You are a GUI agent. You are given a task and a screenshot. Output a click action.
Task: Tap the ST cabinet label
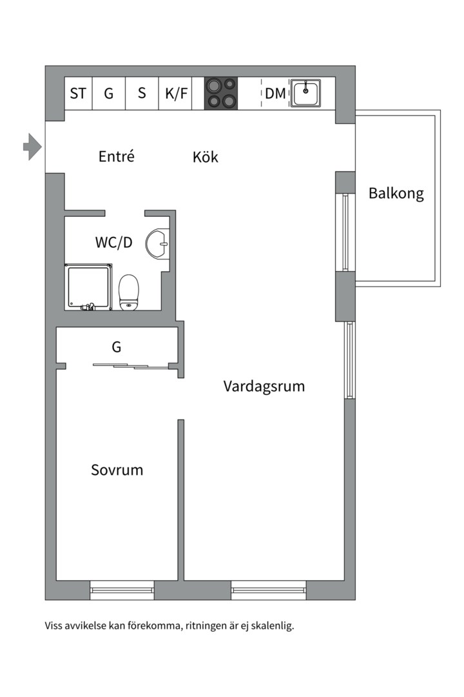(x=78, y=94)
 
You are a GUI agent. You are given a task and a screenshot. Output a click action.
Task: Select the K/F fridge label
(x=176, y=94)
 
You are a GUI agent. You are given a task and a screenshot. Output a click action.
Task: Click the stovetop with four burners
(x=221, y=93)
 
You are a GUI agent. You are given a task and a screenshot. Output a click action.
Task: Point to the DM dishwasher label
(x=275, y=94)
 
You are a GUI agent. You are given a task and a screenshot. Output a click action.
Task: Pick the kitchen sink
(x=307, y=93)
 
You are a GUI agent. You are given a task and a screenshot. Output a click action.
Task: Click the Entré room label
(x=117, y=156)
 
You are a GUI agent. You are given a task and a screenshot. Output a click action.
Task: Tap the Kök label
(x=206, y=157)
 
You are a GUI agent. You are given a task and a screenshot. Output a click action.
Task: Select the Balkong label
(x=396, y=193)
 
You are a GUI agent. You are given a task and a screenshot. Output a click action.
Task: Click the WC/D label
(x=114, y=243)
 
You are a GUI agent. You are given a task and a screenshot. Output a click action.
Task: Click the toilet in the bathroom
(x=130, y=291)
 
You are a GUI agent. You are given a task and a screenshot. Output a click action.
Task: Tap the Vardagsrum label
(x=264, y=387)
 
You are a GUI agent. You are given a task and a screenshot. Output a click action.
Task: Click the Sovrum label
(x=117, y=470)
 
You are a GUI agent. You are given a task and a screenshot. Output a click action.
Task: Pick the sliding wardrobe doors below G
(x=131, y=366)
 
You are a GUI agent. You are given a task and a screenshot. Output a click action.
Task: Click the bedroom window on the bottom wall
(x=122, y=589)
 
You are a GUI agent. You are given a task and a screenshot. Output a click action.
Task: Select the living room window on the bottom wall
(x=268, y=589)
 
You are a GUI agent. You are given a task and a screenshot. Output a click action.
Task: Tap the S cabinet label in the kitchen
(x=142, y=94)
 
